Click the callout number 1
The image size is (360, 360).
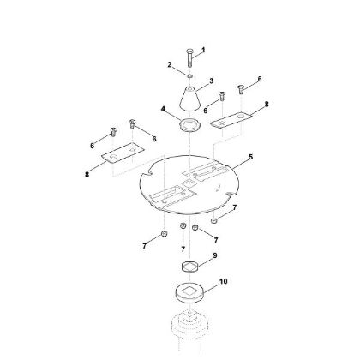pyautogui.click(x=203, y=51)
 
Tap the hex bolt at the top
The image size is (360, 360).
pyautogui.click(x=189, y=57)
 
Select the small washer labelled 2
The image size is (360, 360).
pyautogui.click(x=189, y=76)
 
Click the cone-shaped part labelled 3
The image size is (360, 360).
pyautogui.click(x=189, y=99)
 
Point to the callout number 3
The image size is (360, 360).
pyautogui.click(x=212, y=81)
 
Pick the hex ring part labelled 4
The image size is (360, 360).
pyautogui.click(x=189, y=125)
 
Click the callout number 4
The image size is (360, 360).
pyautogui.click(x=163, y=109)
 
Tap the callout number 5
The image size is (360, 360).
pyautogui.click(x=250, y=157)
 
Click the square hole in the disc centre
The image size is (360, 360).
pyautogui.click(x=189, y=183)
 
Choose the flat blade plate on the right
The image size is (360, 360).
pyautogui.click(x=231, y=120)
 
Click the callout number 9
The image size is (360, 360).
pyautogui.click(x=215, y=255)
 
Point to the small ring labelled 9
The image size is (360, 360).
pyautogui.click(x=190, y=267)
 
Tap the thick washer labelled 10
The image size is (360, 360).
pyautogui.click(x=189, y=292)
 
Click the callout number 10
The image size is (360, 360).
pyautogui.click(x=223, y=281)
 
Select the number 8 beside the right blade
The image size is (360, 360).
pyautogui.click(x=267, y=105)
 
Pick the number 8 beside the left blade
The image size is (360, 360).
pyautogui.click(x=87, y=174)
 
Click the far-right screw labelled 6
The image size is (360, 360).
pyautogui.click(x=241, y=89)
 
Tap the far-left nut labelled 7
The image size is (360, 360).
pyautogui.click(x=164, y=233)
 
